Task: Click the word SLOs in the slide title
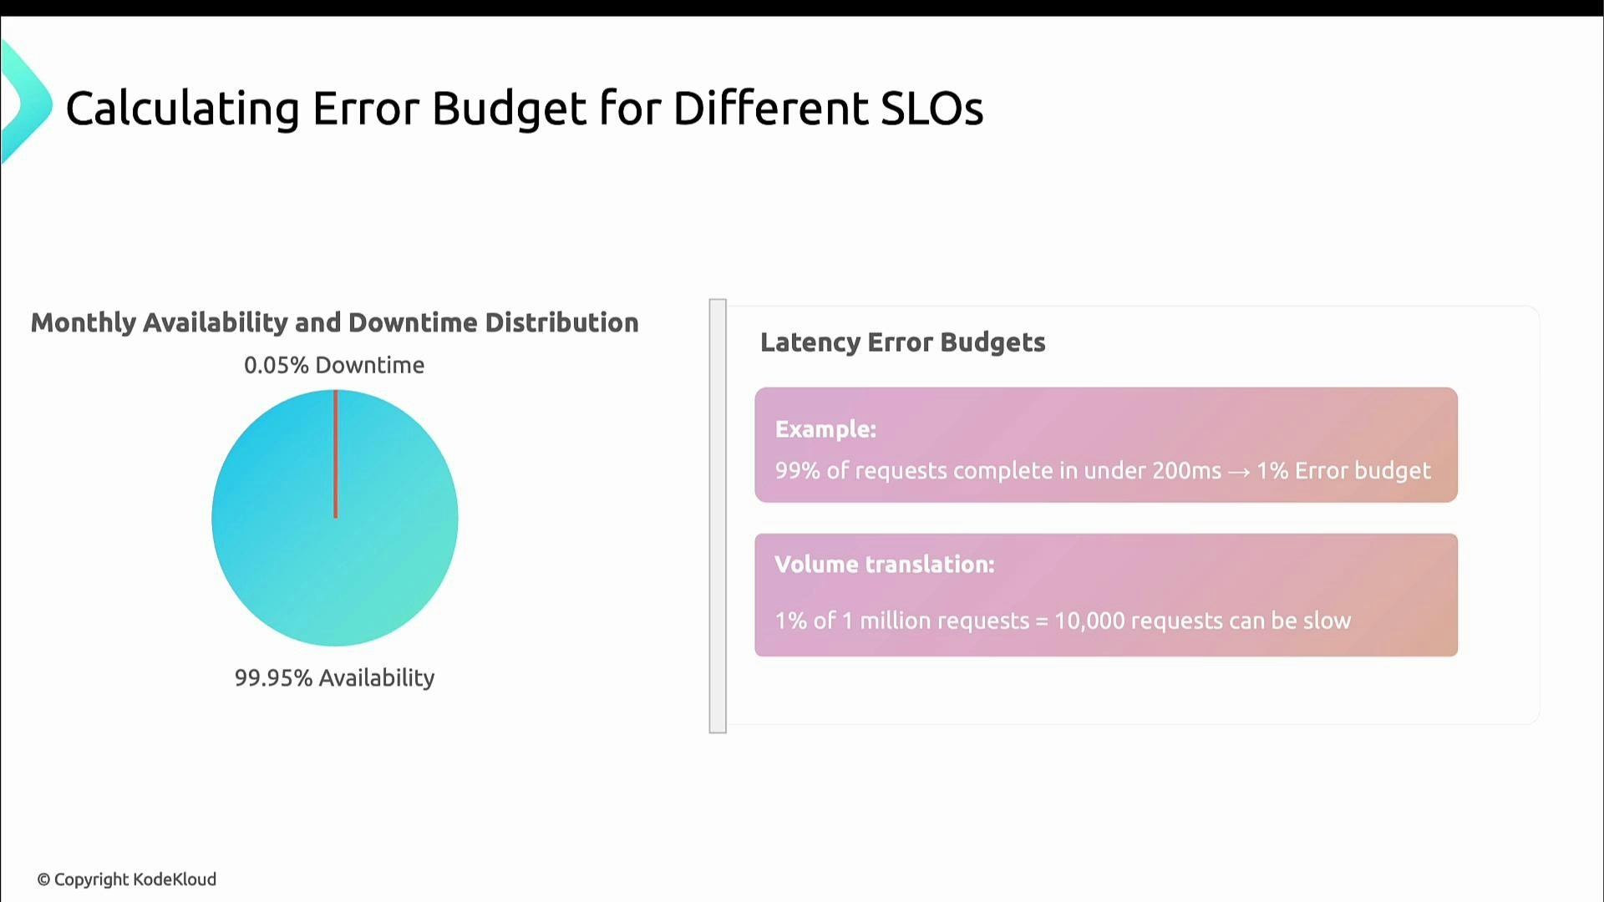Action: click(931, 109)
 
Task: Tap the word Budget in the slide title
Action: click(509, 109)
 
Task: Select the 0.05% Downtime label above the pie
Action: click(334, 365)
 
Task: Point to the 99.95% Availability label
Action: click(334, 677)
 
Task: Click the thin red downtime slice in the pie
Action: click(335, 454)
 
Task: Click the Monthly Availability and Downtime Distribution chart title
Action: click(334, 322)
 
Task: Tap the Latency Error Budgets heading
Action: click(902, 342)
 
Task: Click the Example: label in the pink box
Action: click(825, 429)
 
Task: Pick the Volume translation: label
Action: click(884, 565)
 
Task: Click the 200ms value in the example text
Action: click(1186, 471)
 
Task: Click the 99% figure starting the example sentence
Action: click(797, 471)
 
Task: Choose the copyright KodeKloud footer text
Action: click(127, 879)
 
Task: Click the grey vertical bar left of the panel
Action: click(718, 516)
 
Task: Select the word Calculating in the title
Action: click(182, 109)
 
